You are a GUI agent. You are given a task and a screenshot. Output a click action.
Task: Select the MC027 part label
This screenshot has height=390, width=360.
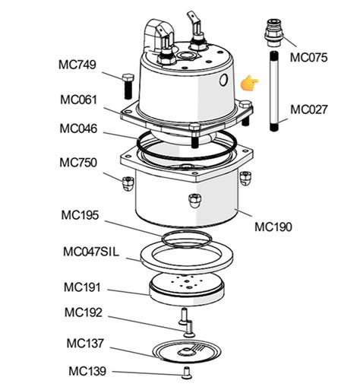coord(311,109)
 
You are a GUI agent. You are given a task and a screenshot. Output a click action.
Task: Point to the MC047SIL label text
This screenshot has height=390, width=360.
coord(92,252)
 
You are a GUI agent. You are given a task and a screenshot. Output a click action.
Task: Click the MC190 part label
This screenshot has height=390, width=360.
coord(274,226)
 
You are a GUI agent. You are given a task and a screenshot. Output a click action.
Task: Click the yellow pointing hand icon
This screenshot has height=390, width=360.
coord(248,84)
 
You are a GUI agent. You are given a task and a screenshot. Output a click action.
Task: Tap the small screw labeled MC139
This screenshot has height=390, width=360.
coord(187,372)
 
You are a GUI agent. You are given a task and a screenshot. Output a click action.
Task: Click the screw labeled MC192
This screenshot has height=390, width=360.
coord(185,322)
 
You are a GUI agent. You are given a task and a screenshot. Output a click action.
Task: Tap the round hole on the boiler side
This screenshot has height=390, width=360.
coord(223,80)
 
